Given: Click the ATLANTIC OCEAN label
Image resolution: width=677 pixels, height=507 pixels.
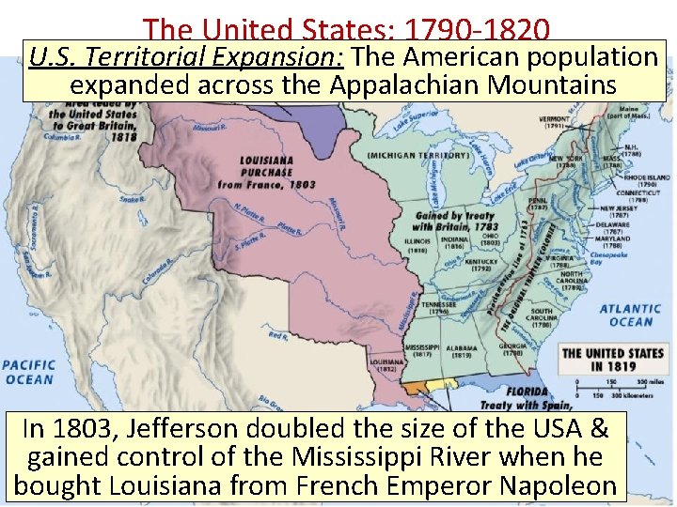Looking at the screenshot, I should click(x=630, y=315).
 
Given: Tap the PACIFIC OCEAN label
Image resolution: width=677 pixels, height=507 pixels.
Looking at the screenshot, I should click(x=28, y=372).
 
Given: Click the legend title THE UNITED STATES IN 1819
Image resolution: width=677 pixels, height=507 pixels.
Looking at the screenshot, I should click(x=612, y=359).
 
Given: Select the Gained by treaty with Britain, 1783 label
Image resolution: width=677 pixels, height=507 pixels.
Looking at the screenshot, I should click(x=453, y=222).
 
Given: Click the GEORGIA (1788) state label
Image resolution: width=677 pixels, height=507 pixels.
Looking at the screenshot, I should click(x=513, y=351).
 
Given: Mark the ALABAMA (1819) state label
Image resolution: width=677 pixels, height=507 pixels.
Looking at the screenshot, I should click(x=462, y=351).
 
